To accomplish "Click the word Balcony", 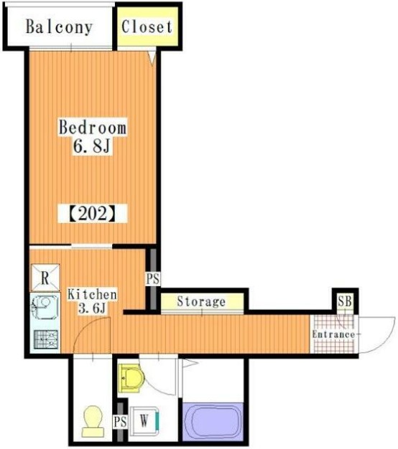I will (x=59, y=27).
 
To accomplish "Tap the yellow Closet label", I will (x=147, y=27).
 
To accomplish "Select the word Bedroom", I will (x=93, y=128).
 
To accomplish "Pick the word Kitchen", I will (x=92, y=294).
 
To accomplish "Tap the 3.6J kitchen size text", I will (x=92, y=309).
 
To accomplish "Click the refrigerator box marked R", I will (x=44, y=277).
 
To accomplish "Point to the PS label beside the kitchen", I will (x=152, y=279).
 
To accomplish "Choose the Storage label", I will (x=201, y=302).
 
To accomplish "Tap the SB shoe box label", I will (x=345, y=301).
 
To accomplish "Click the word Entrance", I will (x=333, y=334).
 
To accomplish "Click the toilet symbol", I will (x=93, y=420).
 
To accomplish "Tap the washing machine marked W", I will (x=144, y=421).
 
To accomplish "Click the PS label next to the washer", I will (x=120, y=422).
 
